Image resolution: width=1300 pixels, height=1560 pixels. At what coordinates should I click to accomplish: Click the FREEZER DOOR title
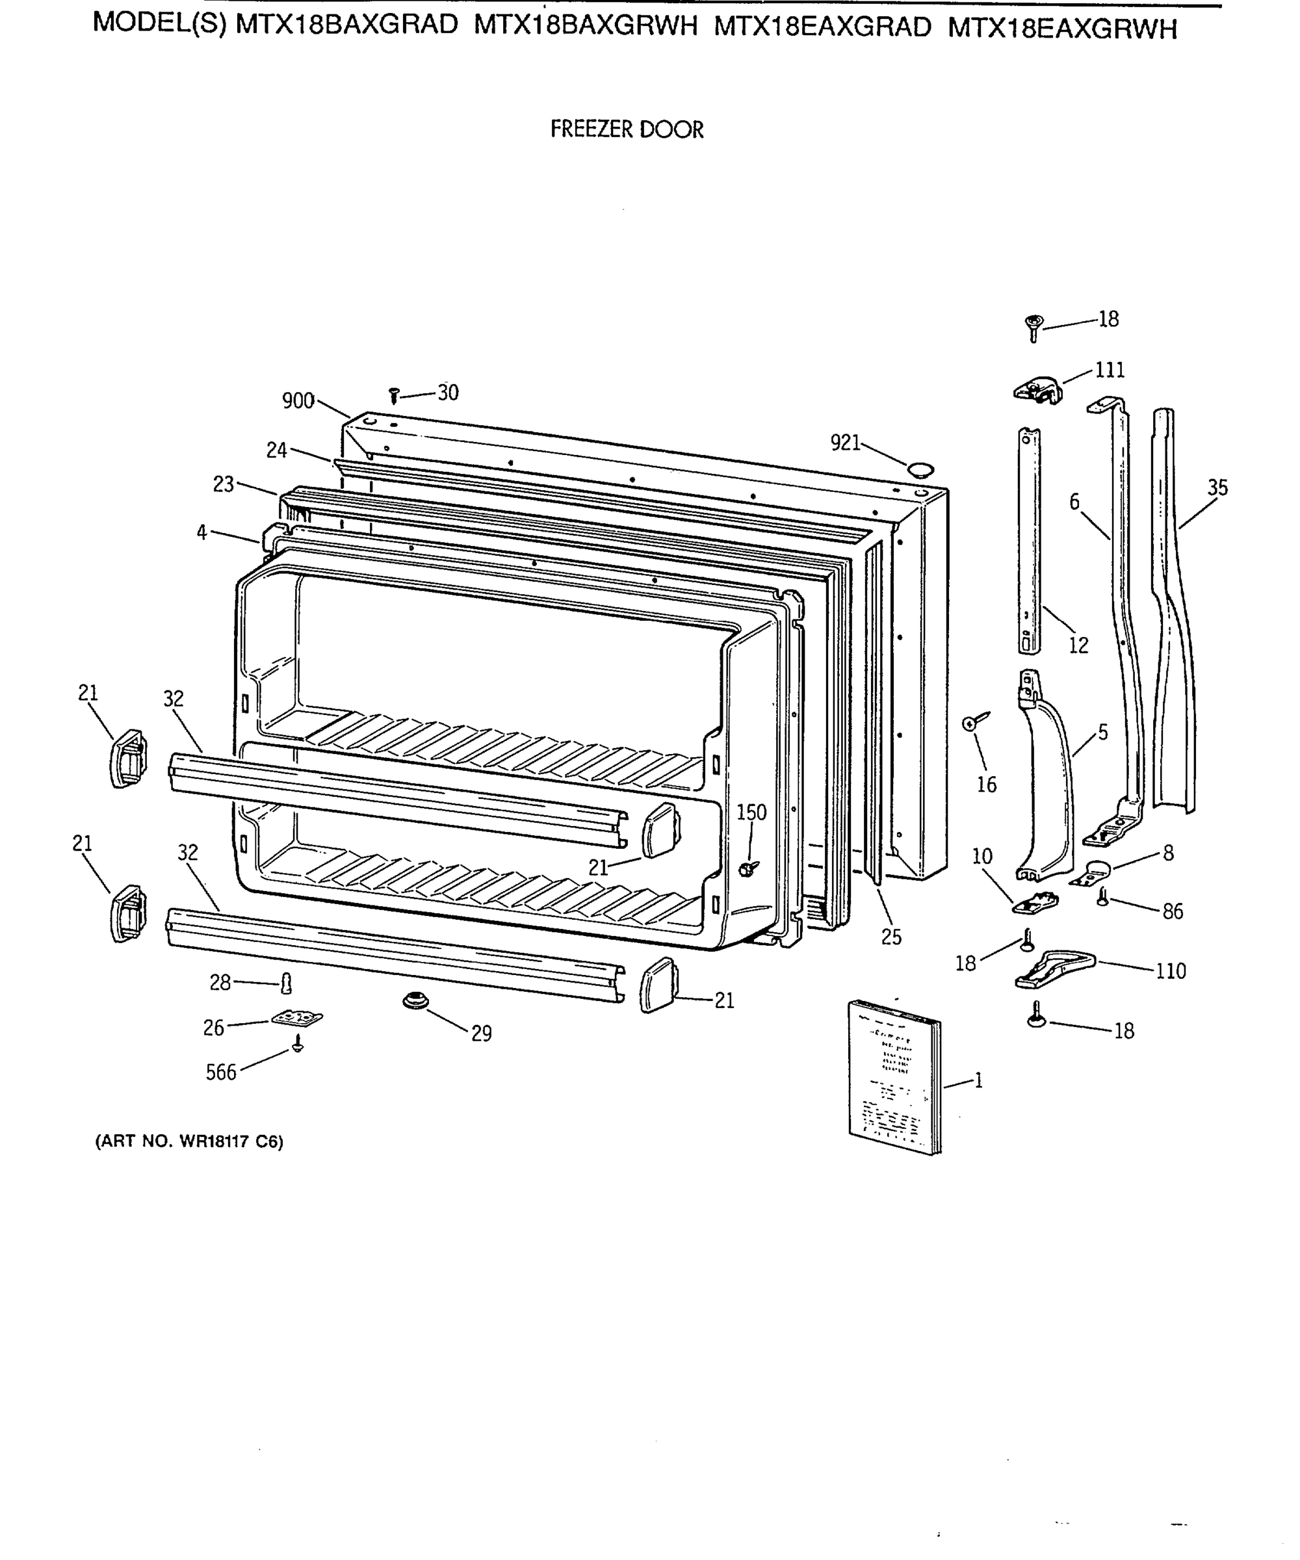coord(626,129)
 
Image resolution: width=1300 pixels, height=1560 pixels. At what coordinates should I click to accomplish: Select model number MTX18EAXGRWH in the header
coord(1062,28)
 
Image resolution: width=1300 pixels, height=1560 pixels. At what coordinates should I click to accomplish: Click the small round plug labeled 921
coord(920,468)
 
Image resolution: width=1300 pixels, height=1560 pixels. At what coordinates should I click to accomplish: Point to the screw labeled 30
coord(395,395)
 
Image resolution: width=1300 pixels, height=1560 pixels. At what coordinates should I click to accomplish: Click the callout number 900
coord(298,401)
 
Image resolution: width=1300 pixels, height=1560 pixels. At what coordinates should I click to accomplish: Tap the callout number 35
coord(1217,488)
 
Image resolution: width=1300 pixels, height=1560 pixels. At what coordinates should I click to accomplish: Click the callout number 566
coord(220,1072)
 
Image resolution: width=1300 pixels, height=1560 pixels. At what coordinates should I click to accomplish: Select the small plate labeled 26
coord(297,1018)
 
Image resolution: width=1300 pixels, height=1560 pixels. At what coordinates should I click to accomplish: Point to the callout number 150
coord(751,812)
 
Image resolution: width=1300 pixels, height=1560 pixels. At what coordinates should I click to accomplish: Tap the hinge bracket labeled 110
coord(1055,968)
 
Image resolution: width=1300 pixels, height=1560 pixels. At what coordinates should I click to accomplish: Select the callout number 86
coord(1172,911)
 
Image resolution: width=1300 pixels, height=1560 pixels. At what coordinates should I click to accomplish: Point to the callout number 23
coord(223,485)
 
